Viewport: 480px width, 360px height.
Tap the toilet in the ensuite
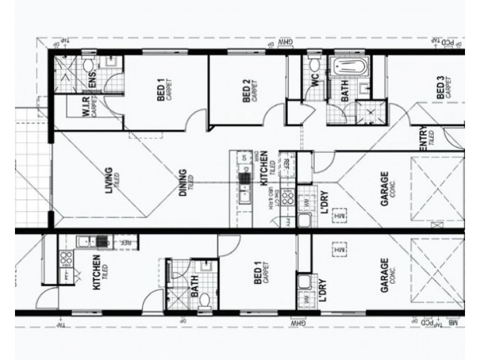pyautogui.click(x=88, y=64)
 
